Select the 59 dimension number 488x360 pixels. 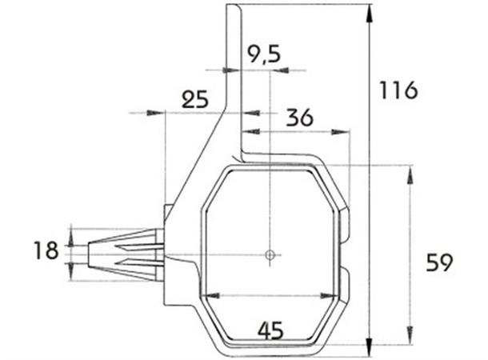[439, 262]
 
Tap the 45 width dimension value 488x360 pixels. [270, 328]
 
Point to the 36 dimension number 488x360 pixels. [298, 118]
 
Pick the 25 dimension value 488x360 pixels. [194, 99]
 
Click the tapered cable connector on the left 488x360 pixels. [120, 254]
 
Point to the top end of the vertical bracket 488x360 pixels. [234, 7]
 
